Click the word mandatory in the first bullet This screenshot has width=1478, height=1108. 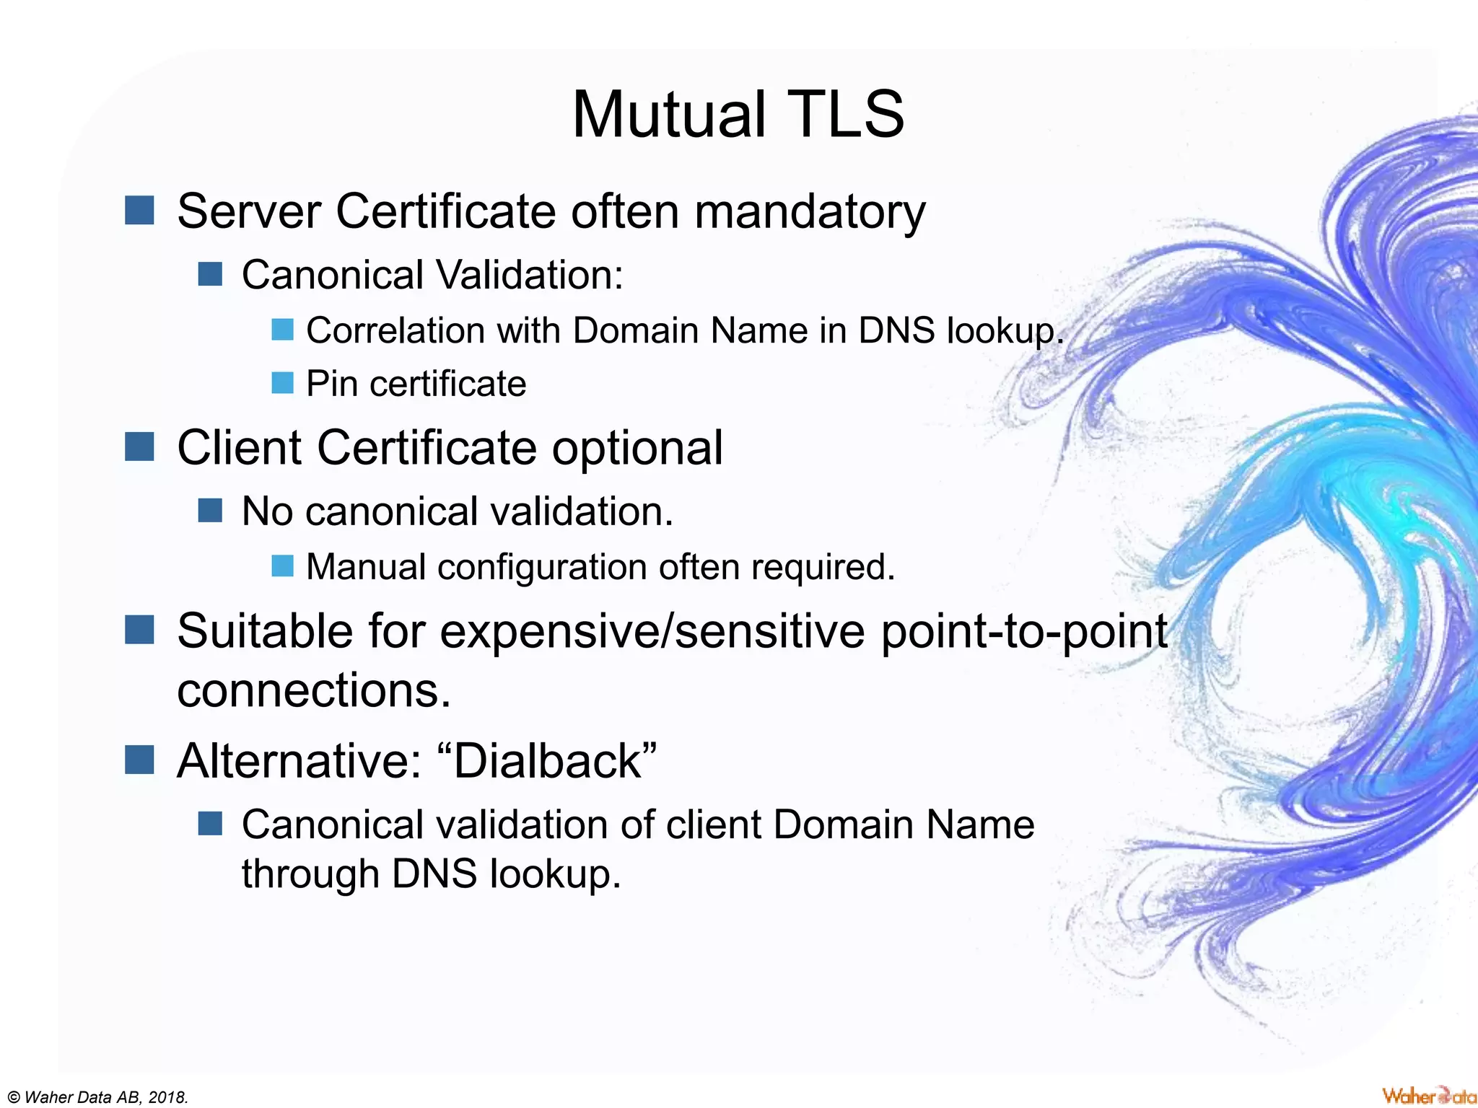pyautogui.click(x=809, y=212)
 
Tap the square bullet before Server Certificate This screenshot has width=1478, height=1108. pyautogui.click(x=139, y=211)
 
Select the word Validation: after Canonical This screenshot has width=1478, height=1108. pyautogui.click(x=530, y=275)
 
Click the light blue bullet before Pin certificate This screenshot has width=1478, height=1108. pyautogui.click(x=282, y=383)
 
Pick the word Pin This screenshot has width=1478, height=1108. pyautogui.click(x=332, y=384)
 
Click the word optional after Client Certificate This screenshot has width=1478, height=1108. pyautogui.click(x=637, y=448)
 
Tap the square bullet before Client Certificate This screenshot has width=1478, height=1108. pyautogui.click(x=139, y=447)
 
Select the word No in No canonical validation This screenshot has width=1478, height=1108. pyautogui.click(x=267, y=511)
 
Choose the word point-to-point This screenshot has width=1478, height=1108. pyautogui.click(x=1024, y=631)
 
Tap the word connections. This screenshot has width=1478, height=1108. pyautogui.click(x=314, y=690)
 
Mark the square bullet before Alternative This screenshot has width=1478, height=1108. pyautogui.click(x=139, y=759)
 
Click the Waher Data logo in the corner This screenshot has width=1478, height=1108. pyautogui.click(x=1428, y=1096)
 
